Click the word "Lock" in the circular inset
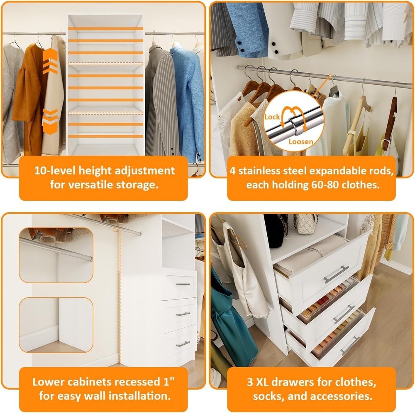tap(272, 117)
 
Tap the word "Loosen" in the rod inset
tap(300, 142)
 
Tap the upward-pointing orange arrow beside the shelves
tap(50, 61)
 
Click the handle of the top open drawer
tap(336, 274)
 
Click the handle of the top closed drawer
tap(183, 284)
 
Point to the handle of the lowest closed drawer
tap(183, 344)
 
